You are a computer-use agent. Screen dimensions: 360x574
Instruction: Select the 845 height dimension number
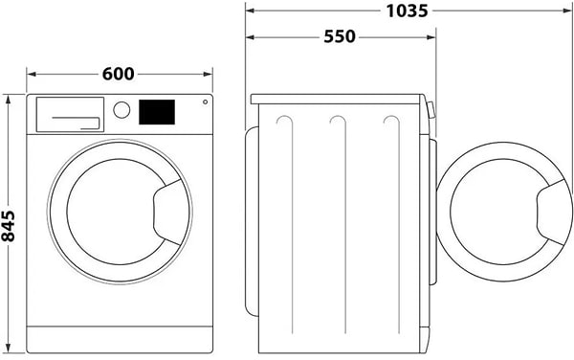point(11,225)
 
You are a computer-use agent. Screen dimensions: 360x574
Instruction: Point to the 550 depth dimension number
point(340,36)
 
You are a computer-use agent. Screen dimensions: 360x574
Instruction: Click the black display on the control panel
point(158,111)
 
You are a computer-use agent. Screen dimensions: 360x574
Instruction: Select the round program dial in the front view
point(121,109)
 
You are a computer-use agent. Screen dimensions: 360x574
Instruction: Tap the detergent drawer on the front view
point(69,114)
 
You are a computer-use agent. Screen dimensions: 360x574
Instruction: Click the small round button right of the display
point(204,106)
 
